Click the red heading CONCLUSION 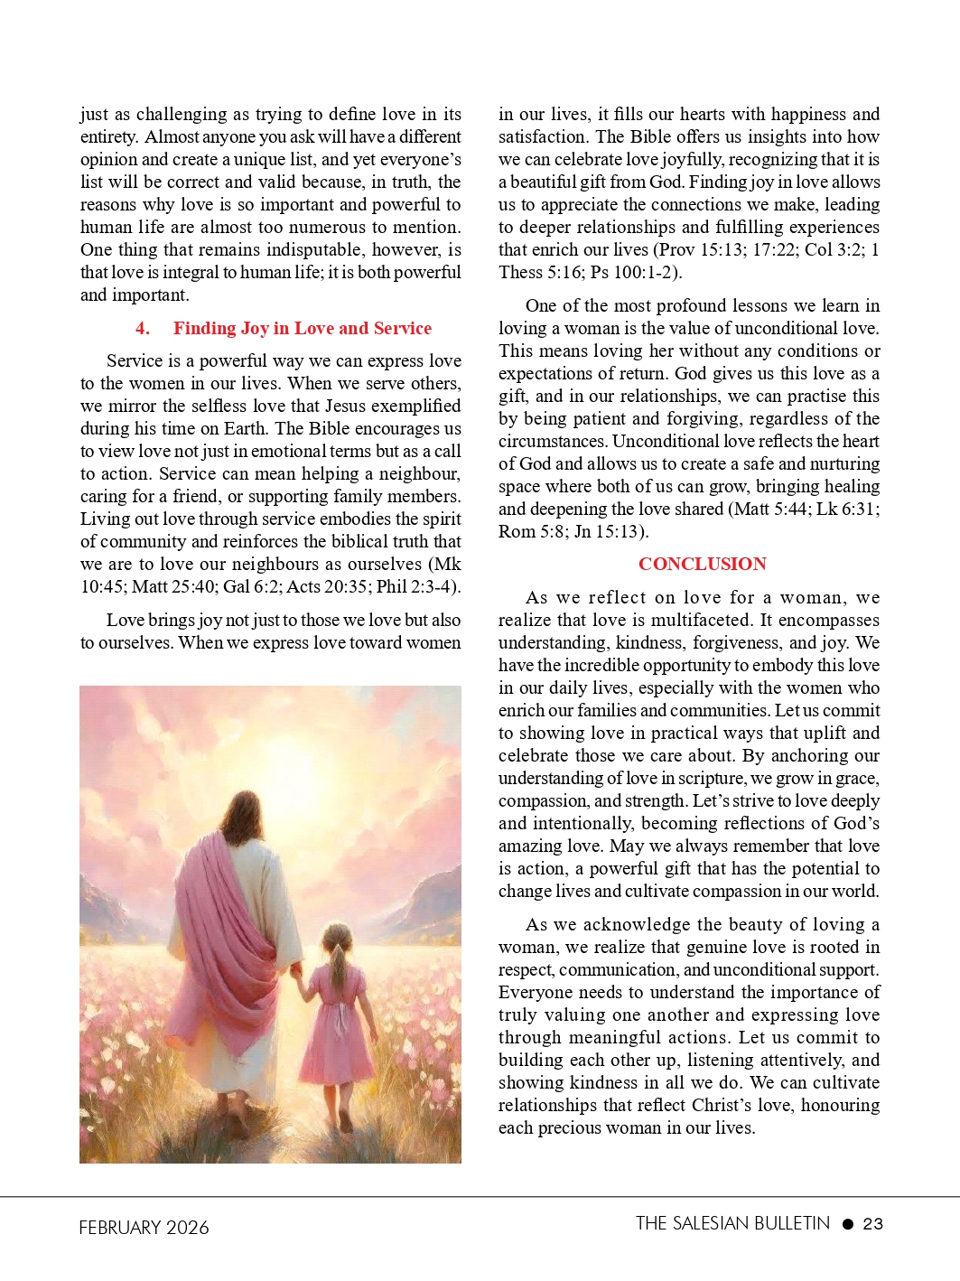(702, 564)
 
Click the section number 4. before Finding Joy (143, 329)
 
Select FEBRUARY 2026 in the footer (144, 1227)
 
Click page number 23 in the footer (872, 1224)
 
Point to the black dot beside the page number (847, 1224)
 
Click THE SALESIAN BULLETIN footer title (732, 1223)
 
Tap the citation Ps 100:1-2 (642, 273)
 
